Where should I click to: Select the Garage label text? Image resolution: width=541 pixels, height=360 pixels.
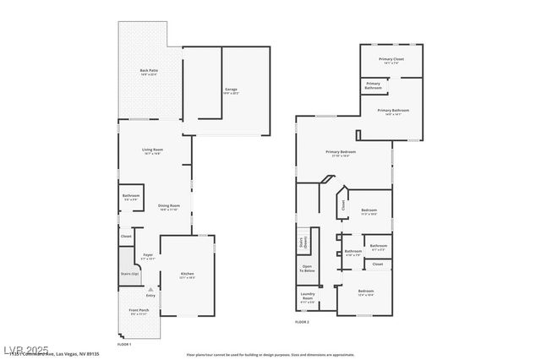(230, 89)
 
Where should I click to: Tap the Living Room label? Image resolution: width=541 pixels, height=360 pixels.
(152, 150)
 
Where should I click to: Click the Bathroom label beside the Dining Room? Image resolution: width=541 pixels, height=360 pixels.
(130, 196)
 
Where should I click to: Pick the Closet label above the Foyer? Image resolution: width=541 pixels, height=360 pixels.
(126, 237)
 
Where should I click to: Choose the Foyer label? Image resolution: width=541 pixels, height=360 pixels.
(147, 254)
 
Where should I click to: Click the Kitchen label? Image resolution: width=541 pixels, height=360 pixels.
(187, 273)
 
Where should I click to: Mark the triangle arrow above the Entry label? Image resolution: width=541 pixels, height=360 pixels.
(150, 287)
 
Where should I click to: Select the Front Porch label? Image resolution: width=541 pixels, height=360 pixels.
(139, 311)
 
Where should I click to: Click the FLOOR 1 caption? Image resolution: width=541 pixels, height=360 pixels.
(124, 345)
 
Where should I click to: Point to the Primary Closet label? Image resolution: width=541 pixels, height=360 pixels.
(391, 59)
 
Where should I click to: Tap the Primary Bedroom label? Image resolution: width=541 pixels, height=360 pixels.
(341, 152)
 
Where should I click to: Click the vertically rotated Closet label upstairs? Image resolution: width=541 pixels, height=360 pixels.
(343, 204)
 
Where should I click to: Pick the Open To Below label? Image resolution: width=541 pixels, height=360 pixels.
(307, 269)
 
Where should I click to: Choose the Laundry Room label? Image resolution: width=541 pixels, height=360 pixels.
(307, 297)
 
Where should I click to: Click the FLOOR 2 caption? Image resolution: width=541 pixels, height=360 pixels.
(303, 322)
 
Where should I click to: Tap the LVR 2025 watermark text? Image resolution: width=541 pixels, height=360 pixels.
(25, 349)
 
